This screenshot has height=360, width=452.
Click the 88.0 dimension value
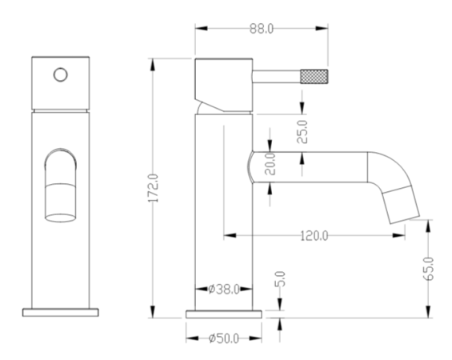[262, 29]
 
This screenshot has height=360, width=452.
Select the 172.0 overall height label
[153, 188]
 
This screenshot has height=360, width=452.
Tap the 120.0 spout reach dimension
[314, 236]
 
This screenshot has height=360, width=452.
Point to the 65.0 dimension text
[429, 268]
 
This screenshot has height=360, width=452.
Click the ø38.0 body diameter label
[224, 289]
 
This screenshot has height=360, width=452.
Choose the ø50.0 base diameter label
[224, 338]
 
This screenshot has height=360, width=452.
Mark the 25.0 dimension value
[302, 132]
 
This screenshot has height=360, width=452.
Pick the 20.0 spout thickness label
[270, 164]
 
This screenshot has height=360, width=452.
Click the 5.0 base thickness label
[280, 278]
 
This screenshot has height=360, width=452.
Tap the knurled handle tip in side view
[314, 76]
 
